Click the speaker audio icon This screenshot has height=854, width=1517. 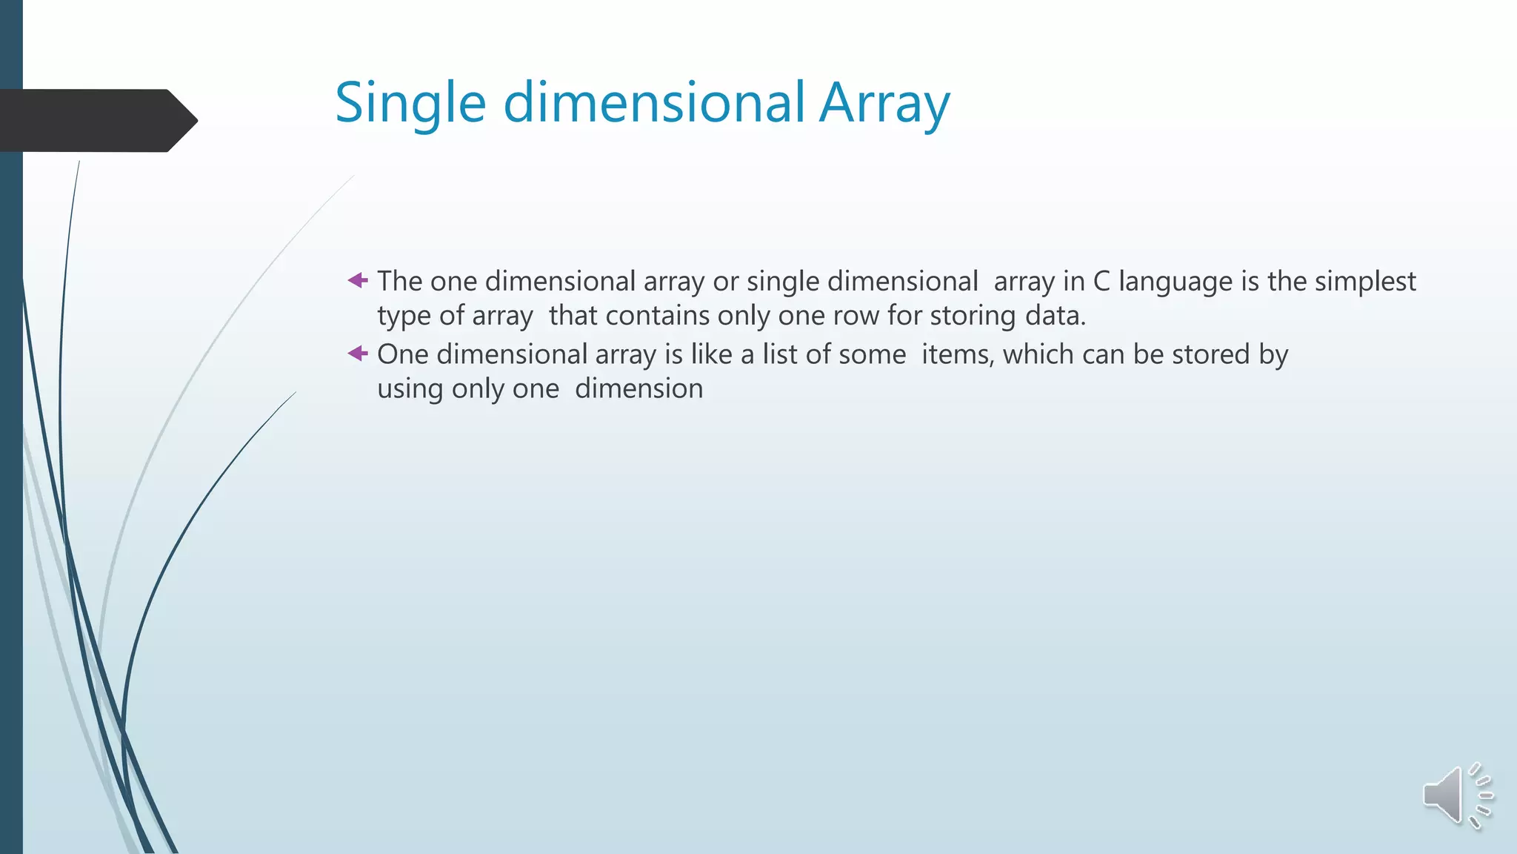click(1456, 796)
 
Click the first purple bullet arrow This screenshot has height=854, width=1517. click(358, 280)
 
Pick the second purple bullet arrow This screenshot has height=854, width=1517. click(358, 354)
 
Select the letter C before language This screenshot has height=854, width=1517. click(1101, 282)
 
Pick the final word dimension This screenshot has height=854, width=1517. click(639, 388)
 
